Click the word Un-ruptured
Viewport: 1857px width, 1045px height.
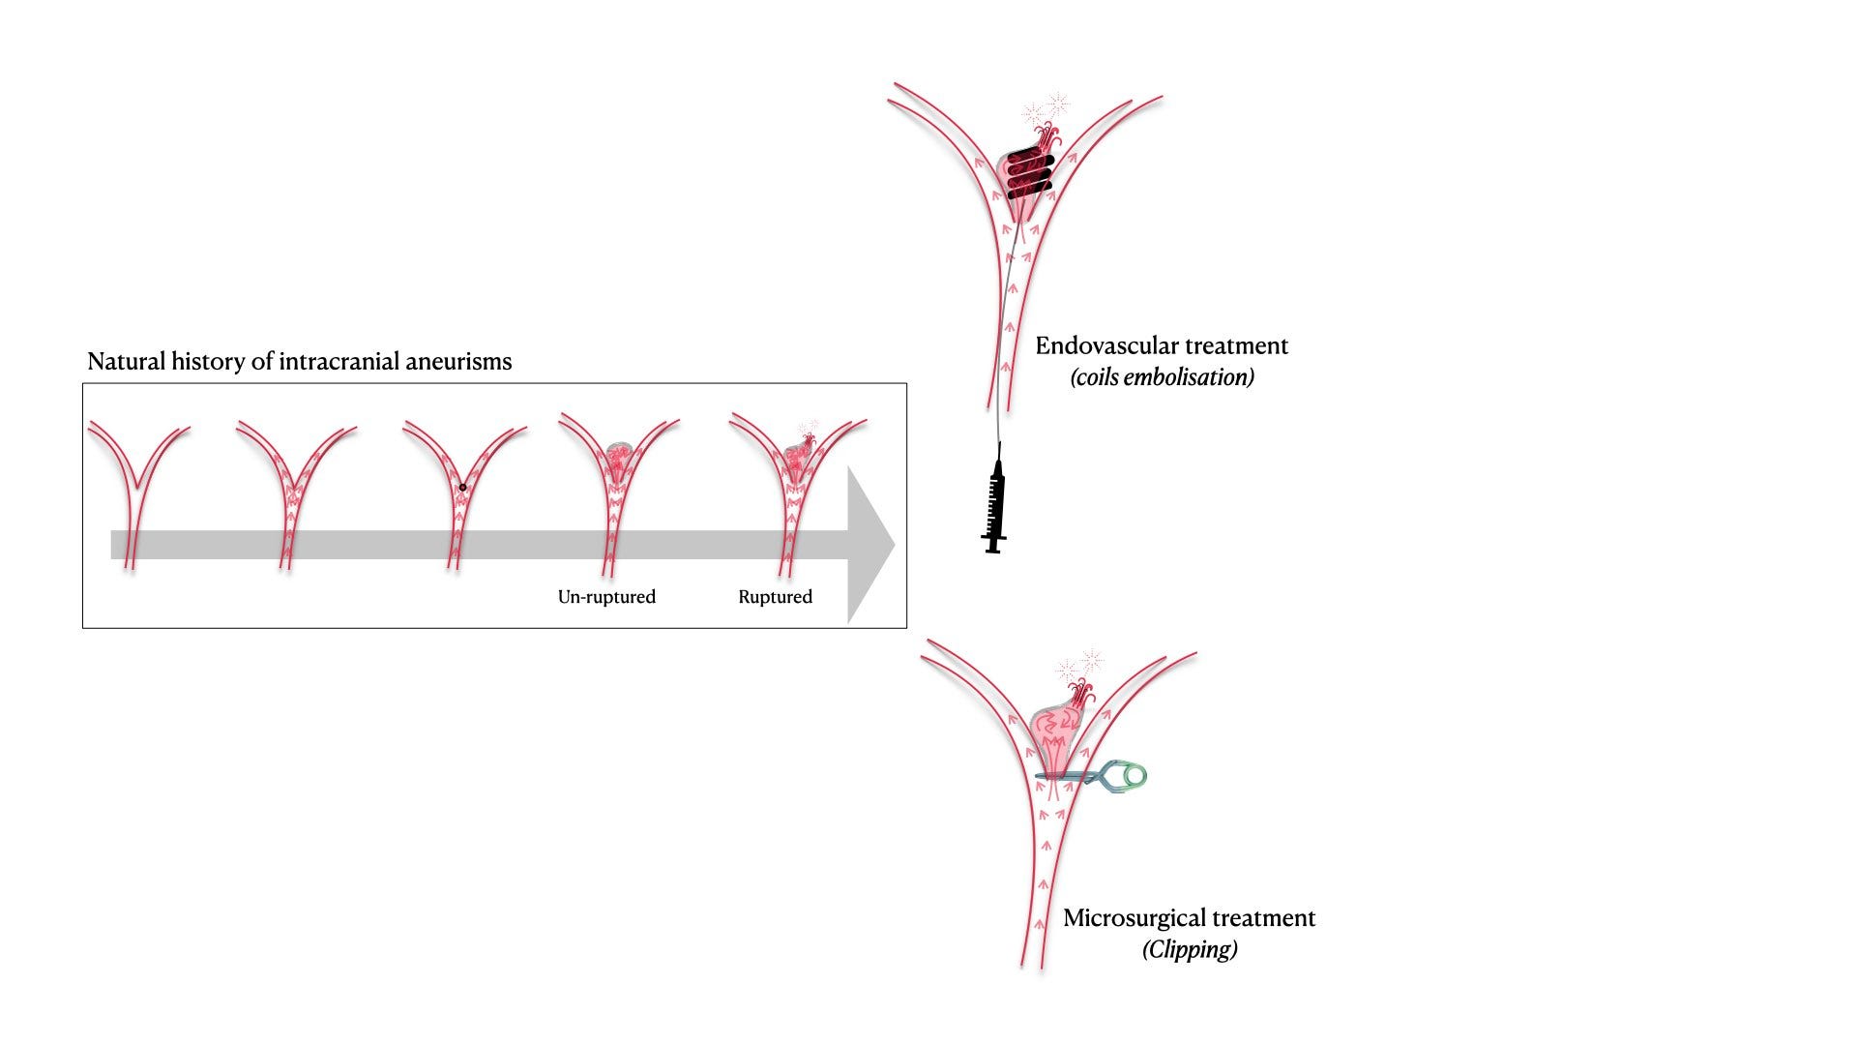[x=606, y=597]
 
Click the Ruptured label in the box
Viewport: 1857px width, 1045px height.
[x=775, y=597]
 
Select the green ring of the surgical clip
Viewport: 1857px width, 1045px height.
[x=1131, y=774]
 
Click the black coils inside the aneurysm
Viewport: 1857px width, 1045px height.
[x=1027, y=174]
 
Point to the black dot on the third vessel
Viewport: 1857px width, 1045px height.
[x=462, y=488]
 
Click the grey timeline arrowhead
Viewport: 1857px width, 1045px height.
[x=870, y=545]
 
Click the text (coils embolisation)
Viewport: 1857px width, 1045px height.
[x=1162, y=377]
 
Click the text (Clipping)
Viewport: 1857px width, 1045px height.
[x=1190, y=949]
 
